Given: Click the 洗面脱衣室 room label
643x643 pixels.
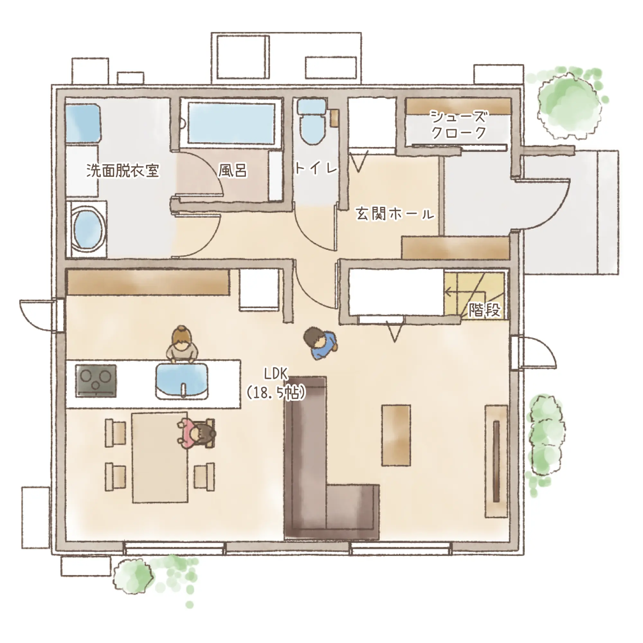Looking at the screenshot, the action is click(123, 171).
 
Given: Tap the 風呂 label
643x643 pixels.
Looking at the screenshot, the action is click(233, 171).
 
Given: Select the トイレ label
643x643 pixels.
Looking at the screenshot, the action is click(316, 168).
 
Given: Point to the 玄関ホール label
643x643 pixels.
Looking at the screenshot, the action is click(395, 213).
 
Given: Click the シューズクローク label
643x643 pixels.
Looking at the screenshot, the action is click(458, 125).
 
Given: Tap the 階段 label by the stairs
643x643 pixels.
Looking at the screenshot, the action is click(484, 310).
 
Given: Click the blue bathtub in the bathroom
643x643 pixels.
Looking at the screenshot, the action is click(231, 123).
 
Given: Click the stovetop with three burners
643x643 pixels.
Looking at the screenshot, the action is click(96, 381).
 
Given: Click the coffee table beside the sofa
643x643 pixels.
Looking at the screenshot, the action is click(396, 435).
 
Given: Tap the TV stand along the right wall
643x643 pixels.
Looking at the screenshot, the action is click(496, 461).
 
